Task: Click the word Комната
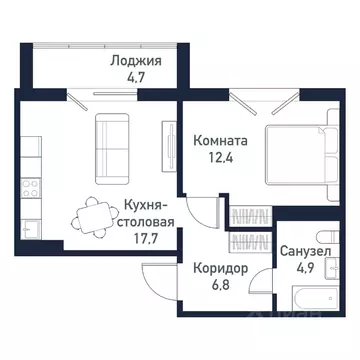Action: click(219, 141)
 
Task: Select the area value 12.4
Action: click(219, 159)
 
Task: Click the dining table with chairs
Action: click(95, 215)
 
